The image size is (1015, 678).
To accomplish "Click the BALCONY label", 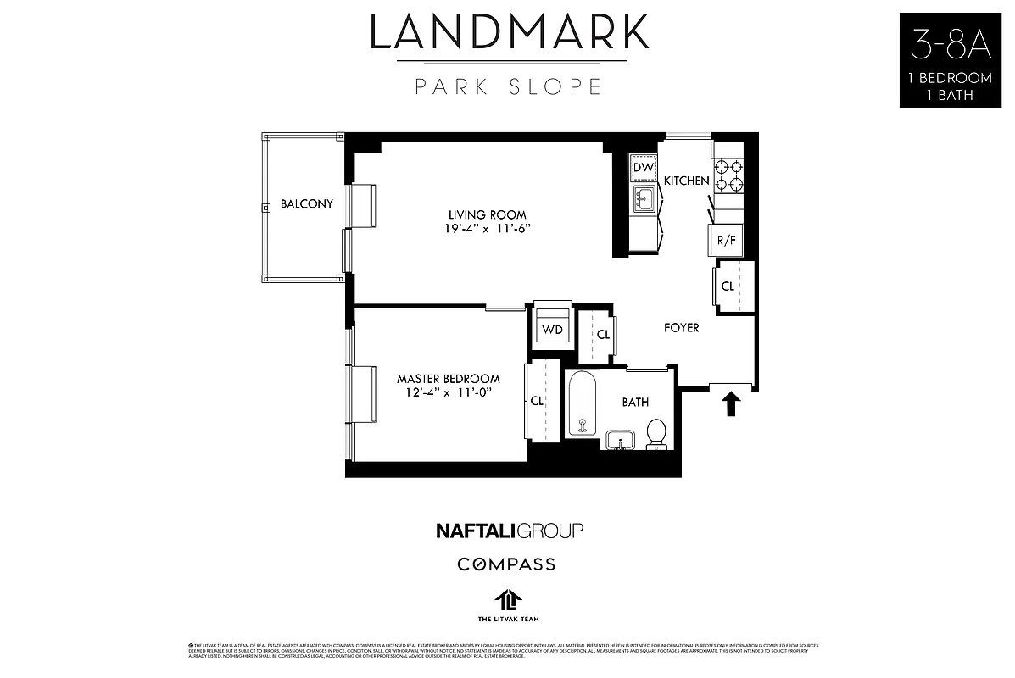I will point(306,204).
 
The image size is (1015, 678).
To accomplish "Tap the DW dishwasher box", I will point(644,169).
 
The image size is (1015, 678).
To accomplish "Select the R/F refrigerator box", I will point(726,240).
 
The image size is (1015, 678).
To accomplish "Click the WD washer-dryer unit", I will point(552,330).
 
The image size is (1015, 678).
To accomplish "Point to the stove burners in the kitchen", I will point(728,175).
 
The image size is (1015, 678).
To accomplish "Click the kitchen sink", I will point(644,201).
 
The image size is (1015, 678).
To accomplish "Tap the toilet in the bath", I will point(655,433).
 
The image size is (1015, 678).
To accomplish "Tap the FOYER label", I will point(681,328).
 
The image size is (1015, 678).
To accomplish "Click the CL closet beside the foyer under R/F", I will point(728,286).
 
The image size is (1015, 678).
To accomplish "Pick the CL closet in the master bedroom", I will point(537,401).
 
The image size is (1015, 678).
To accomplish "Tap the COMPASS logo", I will point(506,564).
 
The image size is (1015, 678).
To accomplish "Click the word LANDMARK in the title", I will point(509,32).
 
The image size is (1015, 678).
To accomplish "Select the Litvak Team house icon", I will point(507,599).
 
